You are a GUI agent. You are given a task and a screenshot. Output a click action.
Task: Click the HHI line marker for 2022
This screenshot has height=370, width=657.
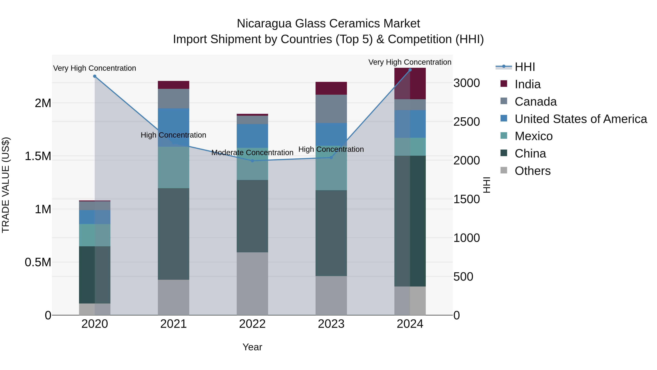(252, 161)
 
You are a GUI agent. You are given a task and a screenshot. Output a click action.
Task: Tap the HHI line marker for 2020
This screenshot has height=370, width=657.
(95, 76)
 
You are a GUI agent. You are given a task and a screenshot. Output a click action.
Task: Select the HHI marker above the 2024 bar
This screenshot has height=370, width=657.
(410, 70)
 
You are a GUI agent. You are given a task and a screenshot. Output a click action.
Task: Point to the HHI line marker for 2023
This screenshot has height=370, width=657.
(331, 157)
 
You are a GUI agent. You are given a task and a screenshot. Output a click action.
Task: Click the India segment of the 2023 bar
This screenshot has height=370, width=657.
(331, 88)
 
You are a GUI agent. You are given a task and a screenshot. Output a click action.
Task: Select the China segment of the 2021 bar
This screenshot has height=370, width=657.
(173, 234)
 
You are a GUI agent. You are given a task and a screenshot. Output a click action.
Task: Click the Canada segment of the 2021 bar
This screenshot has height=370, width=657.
(173, 98)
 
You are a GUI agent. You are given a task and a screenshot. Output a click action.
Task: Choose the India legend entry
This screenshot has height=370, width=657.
(527, 84)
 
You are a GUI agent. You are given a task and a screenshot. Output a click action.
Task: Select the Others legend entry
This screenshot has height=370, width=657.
(532, 171)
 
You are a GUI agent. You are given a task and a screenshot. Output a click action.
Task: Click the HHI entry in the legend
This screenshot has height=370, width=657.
(524, 67)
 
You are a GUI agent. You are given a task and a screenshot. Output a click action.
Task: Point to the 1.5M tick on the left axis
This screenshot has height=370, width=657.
(38, 156)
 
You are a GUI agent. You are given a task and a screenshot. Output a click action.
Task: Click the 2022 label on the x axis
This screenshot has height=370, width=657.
(252, 324)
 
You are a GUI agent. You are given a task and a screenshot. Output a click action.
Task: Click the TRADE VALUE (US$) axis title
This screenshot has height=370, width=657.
(6, 185)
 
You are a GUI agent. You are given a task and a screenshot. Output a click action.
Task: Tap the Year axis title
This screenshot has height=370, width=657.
(252, 347)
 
